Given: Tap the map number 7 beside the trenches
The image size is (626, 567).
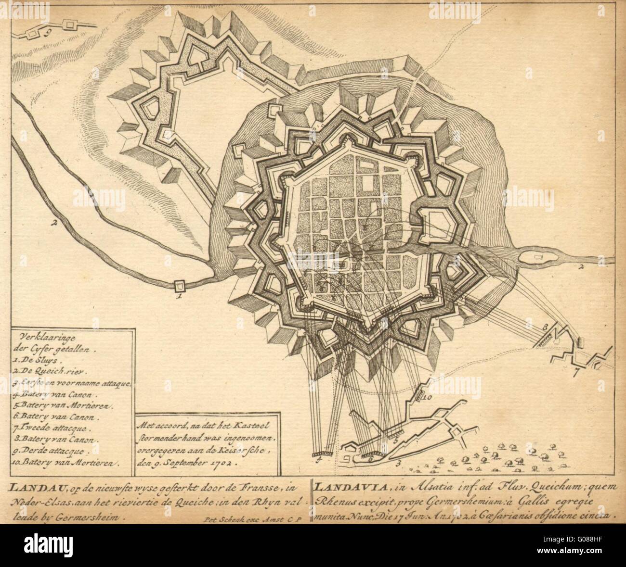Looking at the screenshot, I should click(x=576, y=372).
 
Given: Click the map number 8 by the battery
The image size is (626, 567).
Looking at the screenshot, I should click(x=546, y=327).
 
